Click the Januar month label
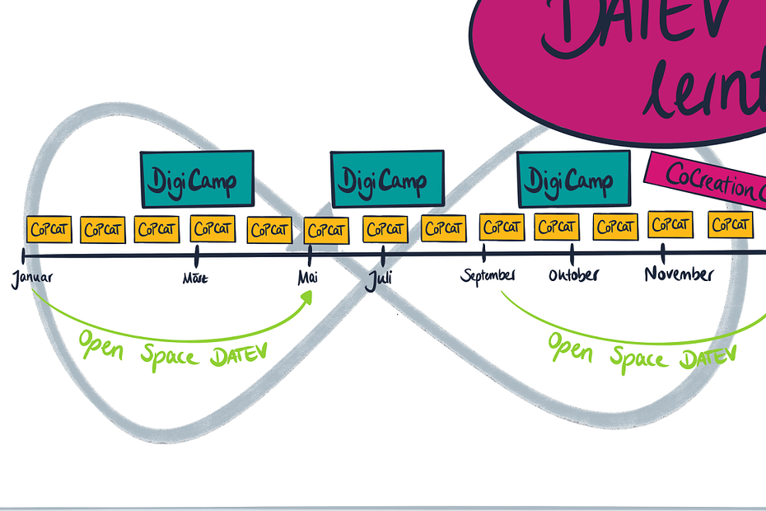tap(32, 278)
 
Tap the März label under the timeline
tap(195, 279)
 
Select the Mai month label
tap(308, 278)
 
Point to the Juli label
tap(379, 278)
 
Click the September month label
tap(488, 275)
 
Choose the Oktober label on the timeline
tap(574, 274)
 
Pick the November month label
tap(679, 274)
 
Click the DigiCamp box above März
tap(197, 178)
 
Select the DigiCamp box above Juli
tap(387, 179)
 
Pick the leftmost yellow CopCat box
tap(49, 230)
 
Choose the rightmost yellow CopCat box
tap(731, 224)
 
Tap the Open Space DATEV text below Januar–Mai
tap(174, 347)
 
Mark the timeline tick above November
tap(663, 251)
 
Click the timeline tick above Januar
tap(23, 258)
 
